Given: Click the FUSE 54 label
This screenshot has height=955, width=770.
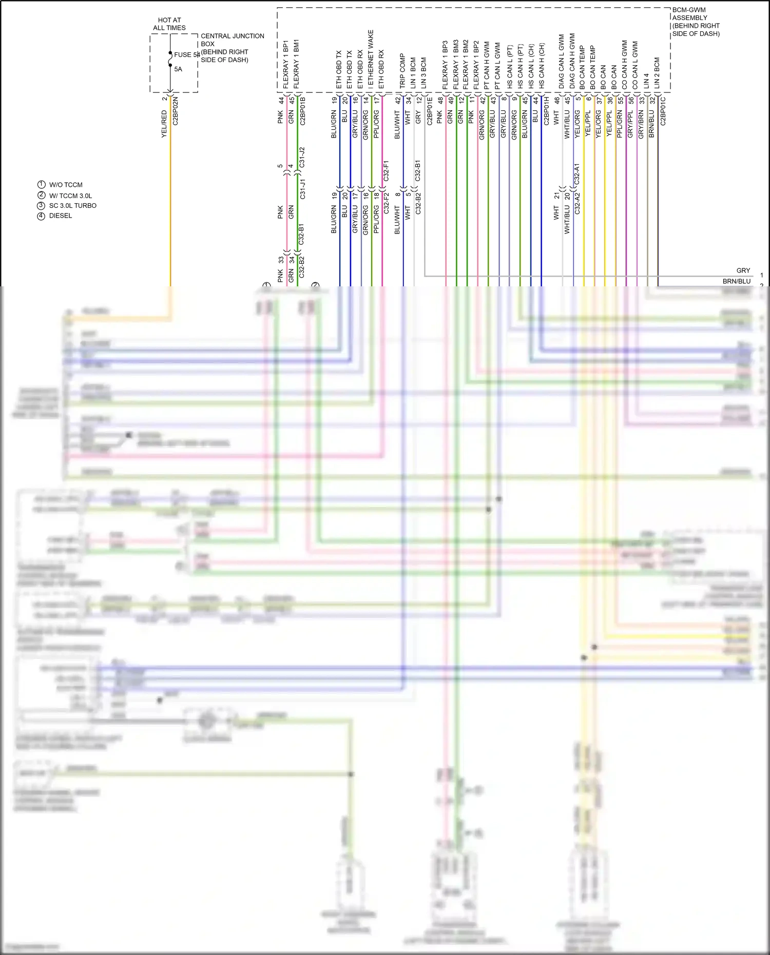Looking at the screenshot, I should [186, 54].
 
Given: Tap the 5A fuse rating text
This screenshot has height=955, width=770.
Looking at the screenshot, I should [178, 69].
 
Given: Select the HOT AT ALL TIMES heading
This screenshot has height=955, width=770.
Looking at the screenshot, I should [169, 24].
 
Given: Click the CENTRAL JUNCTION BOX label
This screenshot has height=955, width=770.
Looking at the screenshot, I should [232, 40].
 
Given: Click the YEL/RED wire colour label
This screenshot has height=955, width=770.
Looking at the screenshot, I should [164, 124].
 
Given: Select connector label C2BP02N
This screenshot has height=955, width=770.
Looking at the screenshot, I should [176, 111].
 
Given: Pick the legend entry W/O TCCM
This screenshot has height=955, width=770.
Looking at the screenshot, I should [66, 185].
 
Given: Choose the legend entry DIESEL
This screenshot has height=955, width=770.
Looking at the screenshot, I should [61, 216].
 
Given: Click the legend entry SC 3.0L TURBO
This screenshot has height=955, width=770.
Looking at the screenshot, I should [73, 206].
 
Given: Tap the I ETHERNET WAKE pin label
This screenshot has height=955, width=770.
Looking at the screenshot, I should [371, 59].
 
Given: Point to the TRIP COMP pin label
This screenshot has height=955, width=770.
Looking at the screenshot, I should [402, 71].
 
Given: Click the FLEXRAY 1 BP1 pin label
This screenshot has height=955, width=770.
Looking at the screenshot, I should [286, 64].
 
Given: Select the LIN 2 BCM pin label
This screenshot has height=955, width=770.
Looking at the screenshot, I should [657, 72].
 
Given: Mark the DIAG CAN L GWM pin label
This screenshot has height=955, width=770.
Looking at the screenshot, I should [562, 61].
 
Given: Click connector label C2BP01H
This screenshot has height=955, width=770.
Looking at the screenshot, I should [547, 111].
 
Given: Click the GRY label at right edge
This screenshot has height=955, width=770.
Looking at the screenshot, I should [743, 270].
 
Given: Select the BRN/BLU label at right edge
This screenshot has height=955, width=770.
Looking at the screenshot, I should [736, 281].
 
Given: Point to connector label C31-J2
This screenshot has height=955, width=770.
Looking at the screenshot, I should [302, 157].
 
